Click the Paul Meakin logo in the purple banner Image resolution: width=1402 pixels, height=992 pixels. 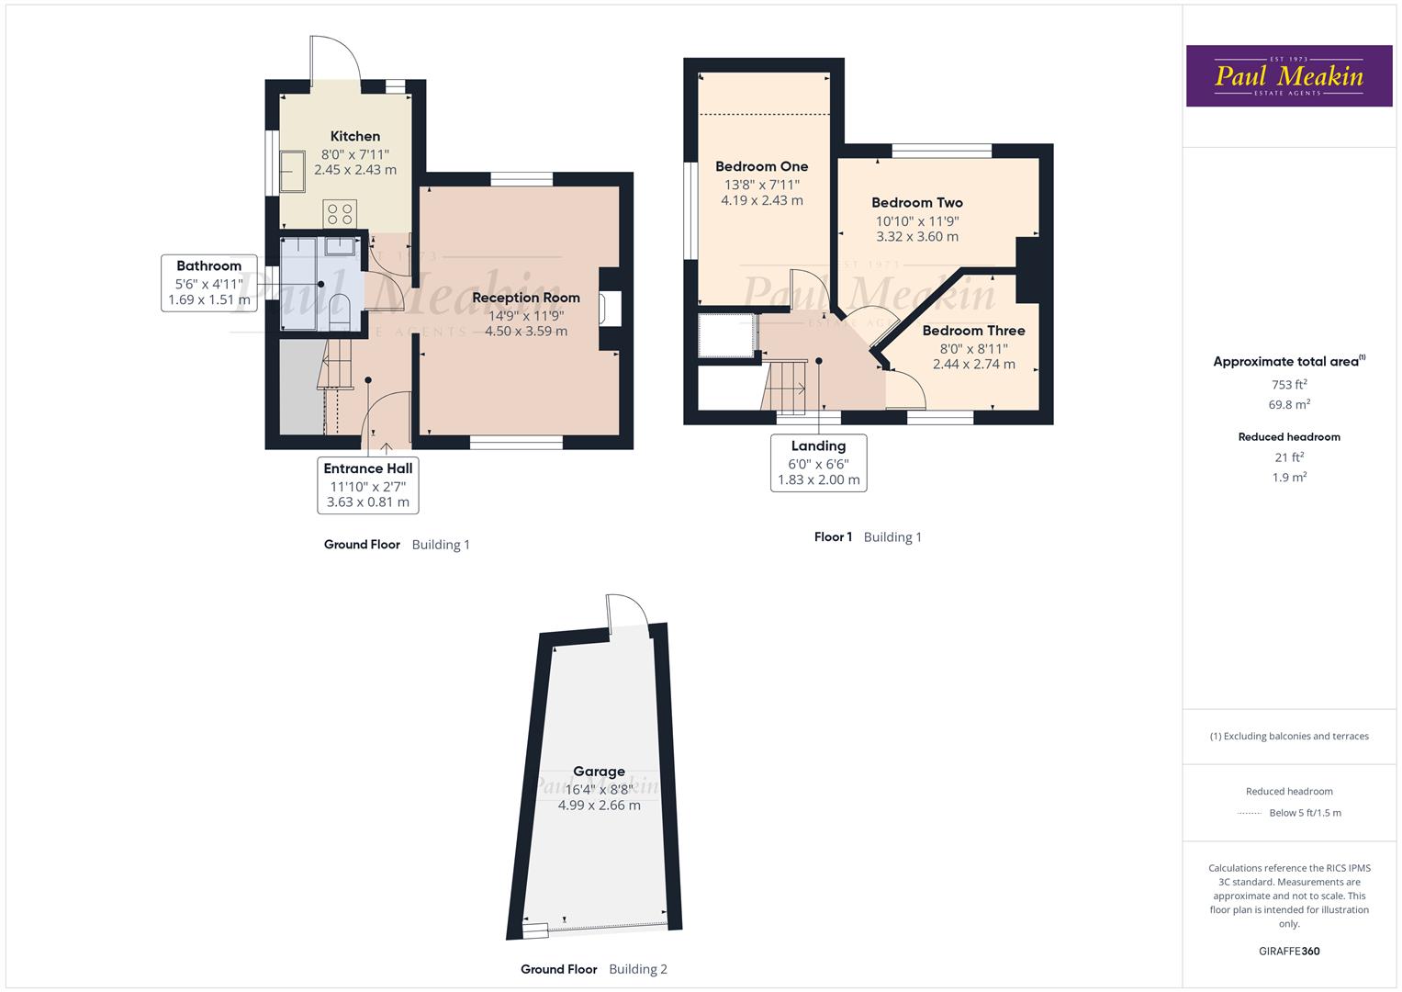(x=1288, y=76)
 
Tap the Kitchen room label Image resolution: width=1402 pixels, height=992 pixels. (x=355, y=136)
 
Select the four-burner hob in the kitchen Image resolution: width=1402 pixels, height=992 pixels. (x=339, y=213)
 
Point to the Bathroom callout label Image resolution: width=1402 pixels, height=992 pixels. (x=209, y=266)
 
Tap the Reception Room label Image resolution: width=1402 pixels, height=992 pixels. (x=526, y=298)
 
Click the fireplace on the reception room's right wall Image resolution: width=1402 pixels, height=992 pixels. (x=610, y=309)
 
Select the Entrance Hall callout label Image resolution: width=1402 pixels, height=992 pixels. (x=368, y=468)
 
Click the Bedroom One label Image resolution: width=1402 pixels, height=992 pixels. (x=762, y=166)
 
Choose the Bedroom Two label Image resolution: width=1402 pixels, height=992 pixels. (x=917, y=202)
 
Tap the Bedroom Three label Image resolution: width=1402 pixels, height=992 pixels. (x=974, y=331)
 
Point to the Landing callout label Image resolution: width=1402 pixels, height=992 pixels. (x=818, y=446)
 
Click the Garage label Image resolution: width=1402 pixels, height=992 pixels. (x=600, y=772)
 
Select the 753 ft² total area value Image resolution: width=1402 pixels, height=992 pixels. (x=1289, y=385)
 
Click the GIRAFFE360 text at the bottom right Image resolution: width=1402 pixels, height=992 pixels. (x=1289, y=951)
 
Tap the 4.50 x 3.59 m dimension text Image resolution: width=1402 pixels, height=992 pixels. (x=526, y=332)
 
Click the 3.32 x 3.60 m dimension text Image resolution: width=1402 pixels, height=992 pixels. (x=917, y=237)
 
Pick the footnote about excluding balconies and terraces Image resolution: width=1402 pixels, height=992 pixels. (x=1289, y=736)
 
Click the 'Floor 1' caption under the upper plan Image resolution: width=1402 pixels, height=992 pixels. (x=834, y=537)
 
